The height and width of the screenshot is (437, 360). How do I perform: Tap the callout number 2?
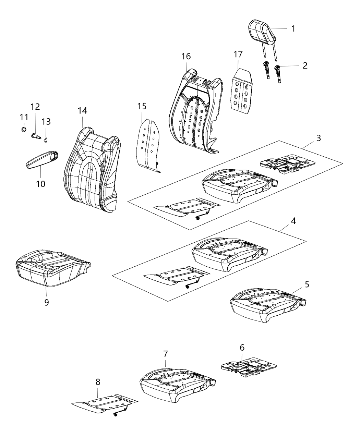pos(305,65)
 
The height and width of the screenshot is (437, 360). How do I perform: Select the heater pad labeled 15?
pos(149,144)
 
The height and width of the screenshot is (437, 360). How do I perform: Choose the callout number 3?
pos(319,138)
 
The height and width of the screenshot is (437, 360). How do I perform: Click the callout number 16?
pos(186,56)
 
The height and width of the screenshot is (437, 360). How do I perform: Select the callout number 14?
pos(82,111)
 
